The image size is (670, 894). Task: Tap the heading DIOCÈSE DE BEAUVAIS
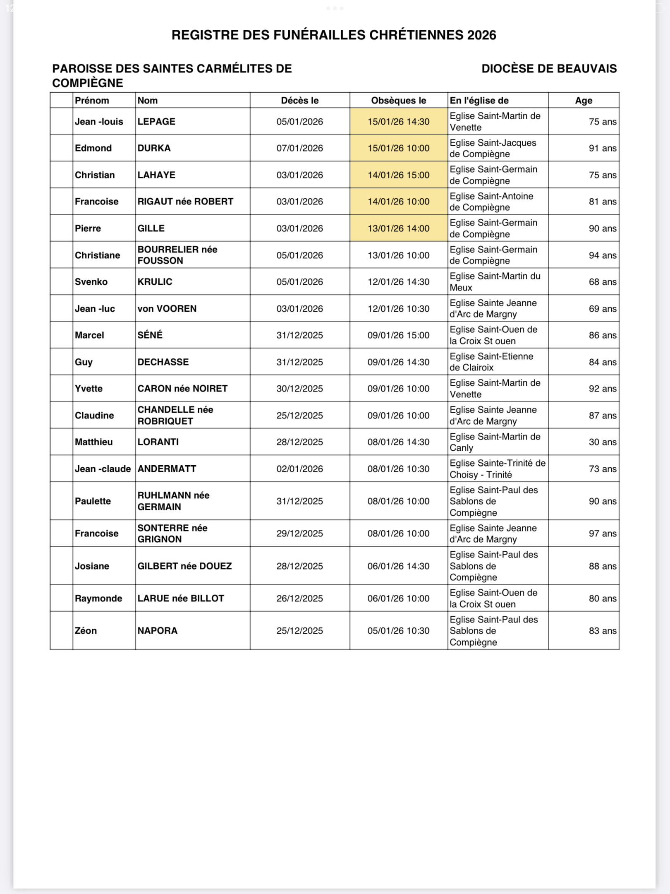[549, 69]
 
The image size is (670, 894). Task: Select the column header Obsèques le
[398, 101]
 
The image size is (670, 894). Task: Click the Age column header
[583, 101]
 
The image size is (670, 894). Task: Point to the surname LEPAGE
[156, 122]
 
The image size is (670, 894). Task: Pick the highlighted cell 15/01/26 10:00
[398, 148]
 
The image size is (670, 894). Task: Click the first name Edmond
[93, 148]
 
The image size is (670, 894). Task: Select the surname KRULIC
[154, 282]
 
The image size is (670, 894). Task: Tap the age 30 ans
[602, 442]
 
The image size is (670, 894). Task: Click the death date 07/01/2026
[299, 148]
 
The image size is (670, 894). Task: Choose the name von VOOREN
[167, 309]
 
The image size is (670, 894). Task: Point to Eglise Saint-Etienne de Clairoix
[491, 362]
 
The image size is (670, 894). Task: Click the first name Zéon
[86, 630]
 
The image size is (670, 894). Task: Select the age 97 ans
[602, 534]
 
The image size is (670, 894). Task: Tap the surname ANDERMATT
[167, 469]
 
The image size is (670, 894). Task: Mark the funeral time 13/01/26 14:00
[398, 228]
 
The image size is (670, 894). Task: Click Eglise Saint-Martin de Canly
[495, 442]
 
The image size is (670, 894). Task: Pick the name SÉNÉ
[150, 335]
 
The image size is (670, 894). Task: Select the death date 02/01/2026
[299, 469]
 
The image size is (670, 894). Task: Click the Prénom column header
[92, 101]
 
